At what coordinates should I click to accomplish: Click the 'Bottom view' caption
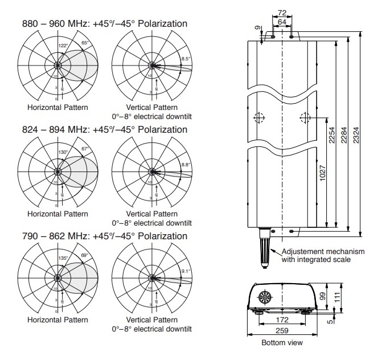tap(282, 343)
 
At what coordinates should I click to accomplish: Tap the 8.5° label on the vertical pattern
tap(186, 58)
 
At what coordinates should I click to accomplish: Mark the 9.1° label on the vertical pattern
tap(186, 271)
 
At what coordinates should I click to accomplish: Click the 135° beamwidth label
tap(63, 259)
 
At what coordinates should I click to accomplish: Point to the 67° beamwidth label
tap(86, 149)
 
